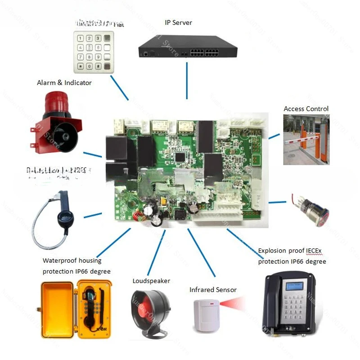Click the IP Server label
(x=179, y=22)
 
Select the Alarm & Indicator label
(x=64, y=83)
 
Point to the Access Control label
(x=306, y=109)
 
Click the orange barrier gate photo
(x=306, y=139)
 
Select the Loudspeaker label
(x=151, y=281)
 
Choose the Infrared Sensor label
(x=213, y=290)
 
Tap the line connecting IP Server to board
(x=187, y=81)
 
